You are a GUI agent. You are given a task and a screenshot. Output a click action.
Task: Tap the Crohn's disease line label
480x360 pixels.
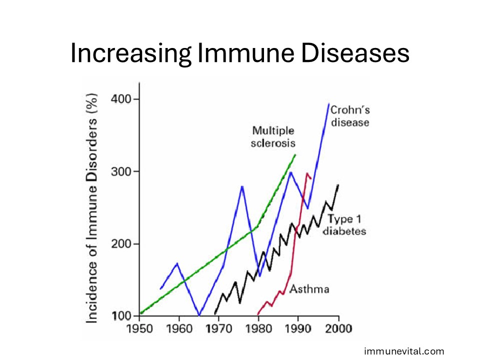[x=349, y=116]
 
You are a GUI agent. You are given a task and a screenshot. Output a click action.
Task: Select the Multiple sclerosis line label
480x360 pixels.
[x=273, y=137]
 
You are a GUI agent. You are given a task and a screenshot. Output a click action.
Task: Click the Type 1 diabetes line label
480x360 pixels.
[x=344, y=224]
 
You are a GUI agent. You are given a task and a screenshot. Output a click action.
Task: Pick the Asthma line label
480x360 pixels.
[x=309, y=289]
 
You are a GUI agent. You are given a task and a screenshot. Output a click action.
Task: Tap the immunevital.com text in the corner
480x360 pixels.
[x=404, y=351]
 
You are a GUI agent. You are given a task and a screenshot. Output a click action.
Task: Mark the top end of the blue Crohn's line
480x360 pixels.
[x=328, y=103]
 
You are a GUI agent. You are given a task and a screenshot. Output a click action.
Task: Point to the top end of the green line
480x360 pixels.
[x=295, y=155]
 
